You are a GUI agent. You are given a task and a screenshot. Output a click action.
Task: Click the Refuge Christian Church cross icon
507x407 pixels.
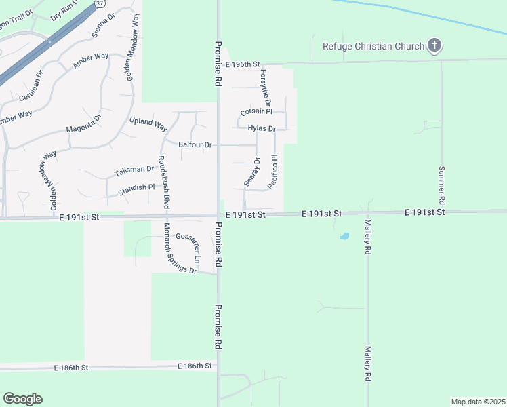[x=434, y=46]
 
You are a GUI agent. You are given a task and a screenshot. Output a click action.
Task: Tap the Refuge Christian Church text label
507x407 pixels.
[x=373, y=46]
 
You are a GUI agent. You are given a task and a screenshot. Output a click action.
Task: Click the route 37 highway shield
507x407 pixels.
[x=100, y=3]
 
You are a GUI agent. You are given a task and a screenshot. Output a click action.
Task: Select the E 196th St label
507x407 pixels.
[x=245, y=64]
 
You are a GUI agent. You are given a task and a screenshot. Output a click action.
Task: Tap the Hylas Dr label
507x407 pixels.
[x=262, y=128]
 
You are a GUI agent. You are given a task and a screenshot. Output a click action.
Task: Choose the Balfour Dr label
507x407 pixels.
[x=195, y=144]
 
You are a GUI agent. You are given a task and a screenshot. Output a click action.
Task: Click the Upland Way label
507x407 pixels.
[x=148, y=124]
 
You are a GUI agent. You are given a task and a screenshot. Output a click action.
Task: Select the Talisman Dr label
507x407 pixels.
[x=134, y=170]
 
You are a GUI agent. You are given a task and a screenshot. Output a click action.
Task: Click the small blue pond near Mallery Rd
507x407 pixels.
[x=344, y=237]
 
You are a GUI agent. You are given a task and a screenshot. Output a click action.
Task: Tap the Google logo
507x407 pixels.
[x=22, y=399]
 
